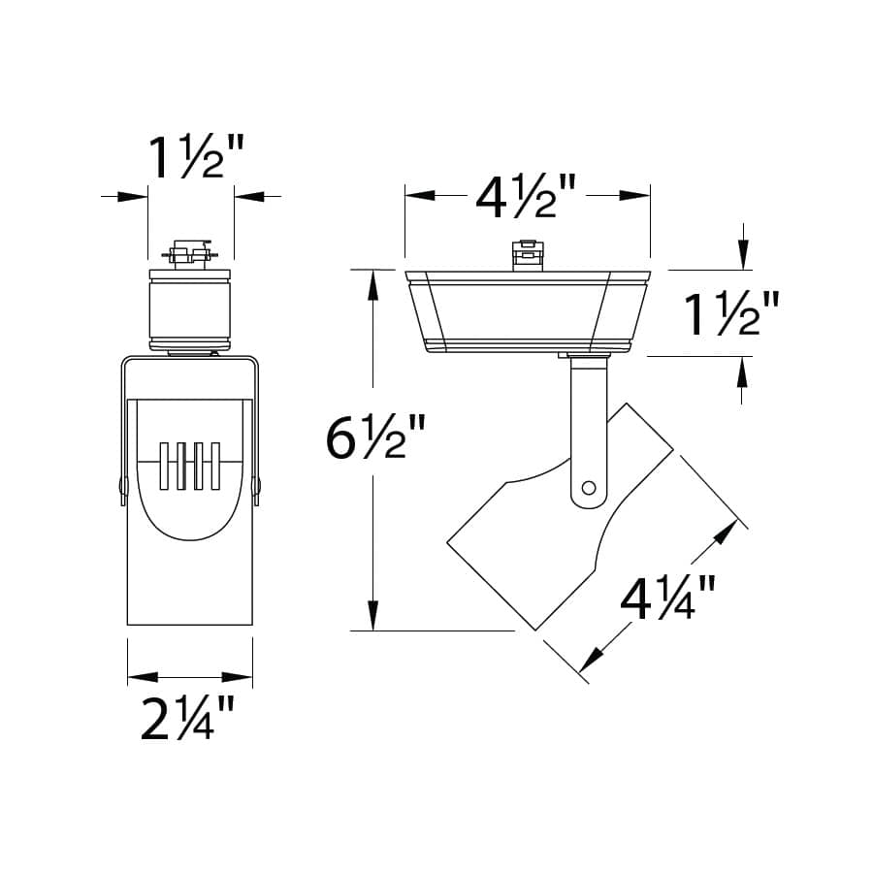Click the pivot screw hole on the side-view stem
point(587,488)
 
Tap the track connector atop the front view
point(190,253)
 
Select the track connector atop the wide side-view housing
point(526,253)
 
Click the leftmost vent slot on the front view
point(166,469)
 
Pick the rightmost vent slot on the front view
point(214,469)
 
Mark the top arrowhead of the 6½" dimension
point(372,282)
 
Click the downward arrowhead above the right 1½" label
point(742,257)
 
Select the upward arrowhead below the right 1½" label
point(742,370)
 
